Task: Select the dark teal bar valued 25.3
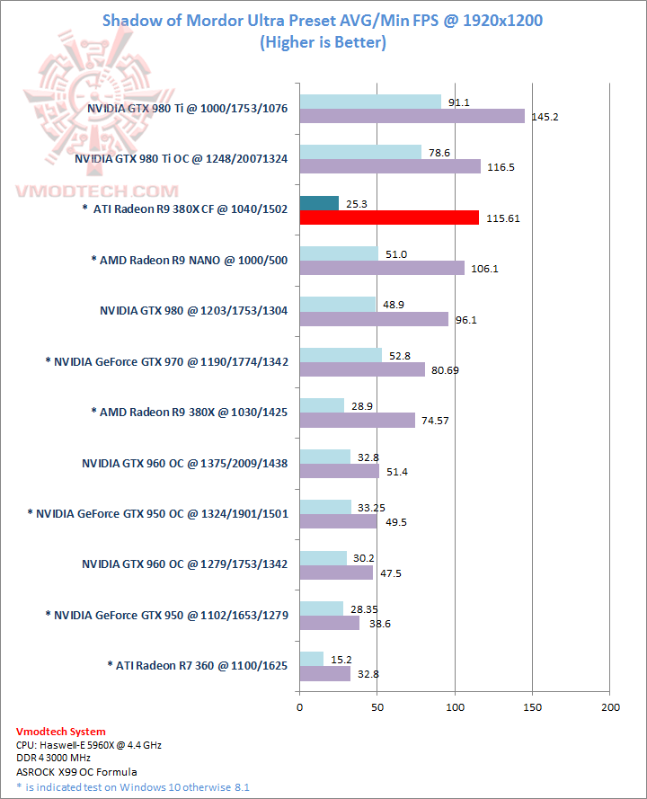(x=319, y=203)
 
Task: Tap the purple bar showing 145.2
(x=412, y=116)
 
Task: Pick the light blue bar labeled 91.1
(x=370, y=102)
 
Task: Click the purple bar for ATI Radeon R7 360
(x=324, y=673)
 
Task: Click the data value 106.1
(x=484, y=269)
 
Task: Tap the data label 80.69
(x=447, y=370)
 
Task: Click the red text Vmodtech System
(x=61, y=732)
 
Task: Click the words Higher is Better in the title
(x=323, y=41)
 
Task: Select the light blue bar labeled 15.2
(x=311, y=659)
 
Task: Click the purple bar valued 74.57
(x=357, y=421)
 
